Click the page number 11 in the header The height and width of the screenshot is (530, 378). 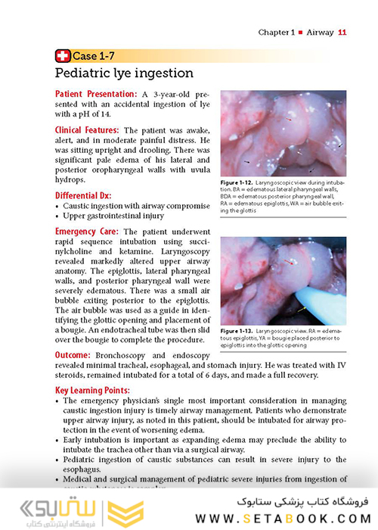[342, 33]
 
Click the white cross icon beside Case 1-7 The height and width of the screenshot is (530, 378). [62, 55]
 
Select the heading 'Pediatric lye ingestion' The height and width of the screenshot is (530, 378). [124, 73]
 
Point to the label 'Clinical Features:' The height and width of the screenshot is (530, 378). [88, 130]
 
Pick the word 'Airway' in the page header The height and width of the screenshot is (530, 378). [318, 33]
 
